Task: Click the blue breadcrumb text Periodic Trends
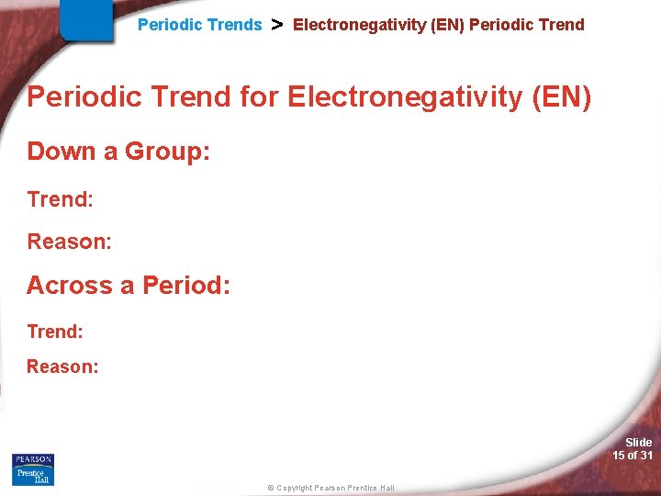point(199,25)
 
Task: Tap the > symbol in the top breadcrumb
point(276,25)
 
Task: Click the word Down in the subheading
point(62,152)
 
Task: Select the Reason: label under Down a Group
point(69,242)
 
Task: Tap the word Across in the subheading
point(69,286)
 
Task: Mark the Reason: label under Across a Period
point(62,366)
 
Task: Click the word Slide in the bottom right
point(638,443)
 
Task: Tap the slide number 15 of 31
point(633,456)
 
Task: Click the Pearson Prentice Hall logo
point(33,469)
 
